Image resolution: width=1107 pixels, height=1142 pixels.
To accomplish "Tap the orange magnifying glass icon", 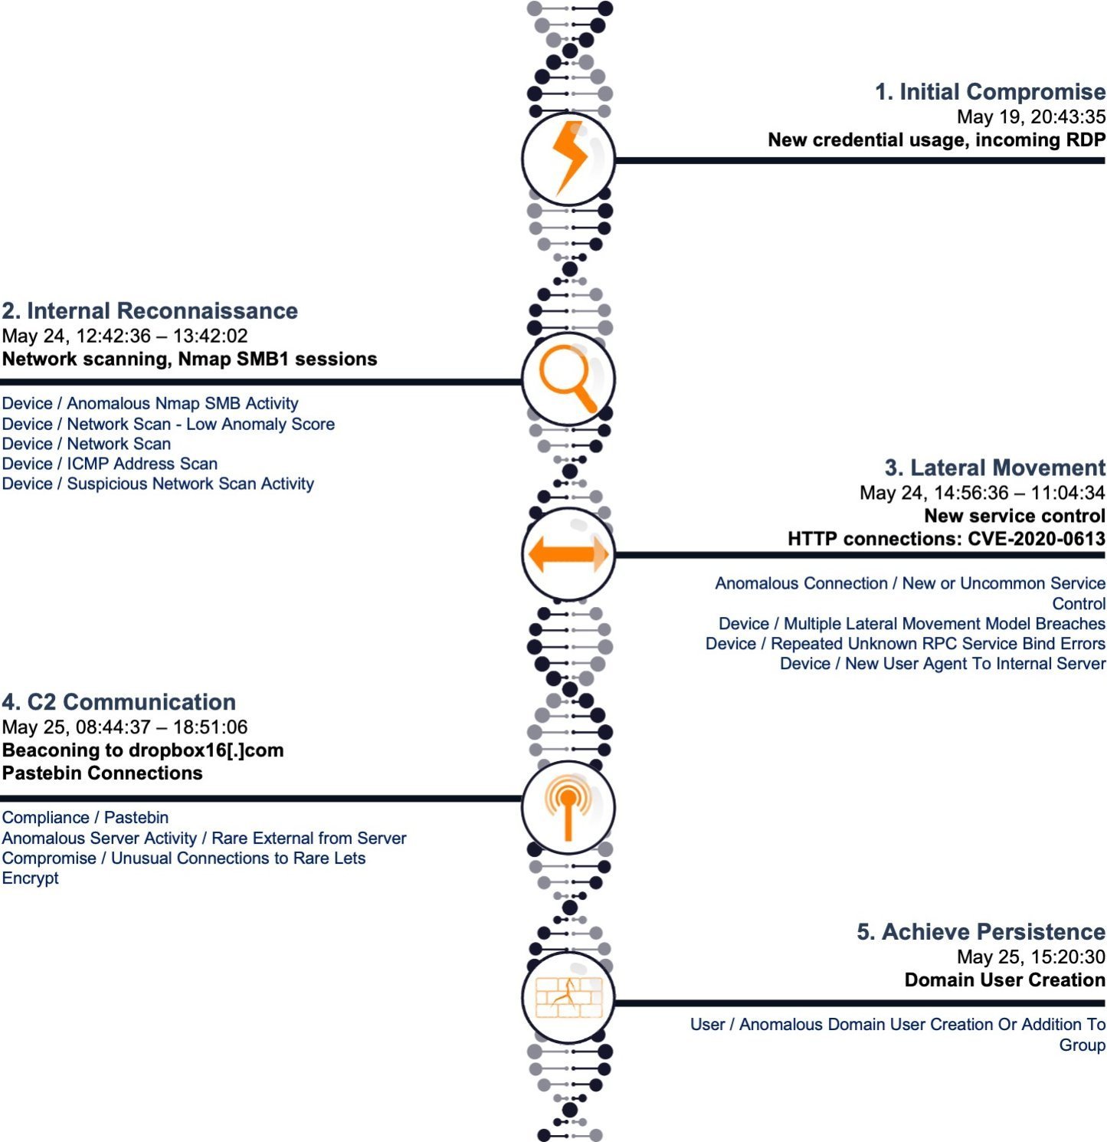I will coord(567,378).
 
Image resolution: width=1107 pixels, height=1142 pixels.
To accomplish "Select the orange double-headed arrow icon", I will coord(568,553).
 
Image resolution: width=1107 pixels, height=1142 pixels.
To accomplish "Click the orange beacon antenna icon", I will coord(568,807).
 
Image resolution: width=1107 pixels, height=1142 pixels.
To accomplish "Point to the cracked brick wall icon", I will coord(568,997).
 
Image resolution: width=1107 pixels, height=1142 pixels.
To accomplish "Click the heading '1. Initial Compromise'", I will coord(990,92).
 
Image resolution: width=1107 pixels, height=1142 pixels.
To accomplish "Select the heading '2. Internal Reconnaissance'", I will coord(150,310).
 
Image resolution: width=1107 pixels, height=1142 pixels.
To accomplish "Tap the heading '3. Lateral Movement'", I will coord(994,468).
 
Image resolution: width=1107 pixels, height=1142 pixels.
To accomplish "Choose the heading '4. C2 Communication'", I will coord(119,702).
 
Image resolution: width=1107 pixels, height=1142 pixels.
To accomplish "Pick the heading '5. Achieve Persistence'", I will coord(981,932).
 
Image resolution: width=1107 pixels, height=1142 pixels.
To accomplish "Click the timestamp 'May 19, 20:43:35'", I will coord(1030,116).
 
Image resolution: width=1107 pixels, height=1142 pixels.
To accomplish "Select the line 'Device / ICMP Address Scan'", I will coord(110,464).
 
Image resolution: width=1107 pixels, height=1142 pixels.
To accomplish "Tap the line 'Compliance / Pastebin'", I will coord(85,818).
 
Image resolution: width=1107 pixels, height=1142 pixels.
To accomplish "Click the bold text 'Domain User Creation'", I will coord(1004,980).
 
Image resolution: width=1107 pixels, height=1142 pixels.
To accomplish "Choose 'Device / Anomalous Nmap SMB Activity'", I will coord(150,403).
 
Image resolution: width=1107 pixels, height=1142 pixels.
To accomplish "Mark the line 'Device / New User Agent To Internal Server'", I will coord(942,664).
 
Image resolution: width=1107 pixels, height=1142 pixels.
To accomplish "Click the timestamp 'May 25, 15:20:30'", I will coord(1030,957).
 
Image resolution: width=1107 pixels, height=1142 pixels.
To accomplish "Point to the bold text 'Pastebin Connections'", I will coord(103,773).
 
